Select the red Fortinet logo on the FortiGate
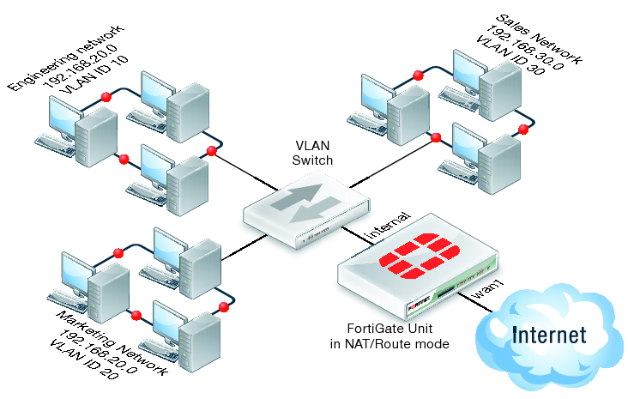(x=419, y=256)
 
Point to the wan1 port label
(x=485, y=293)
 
